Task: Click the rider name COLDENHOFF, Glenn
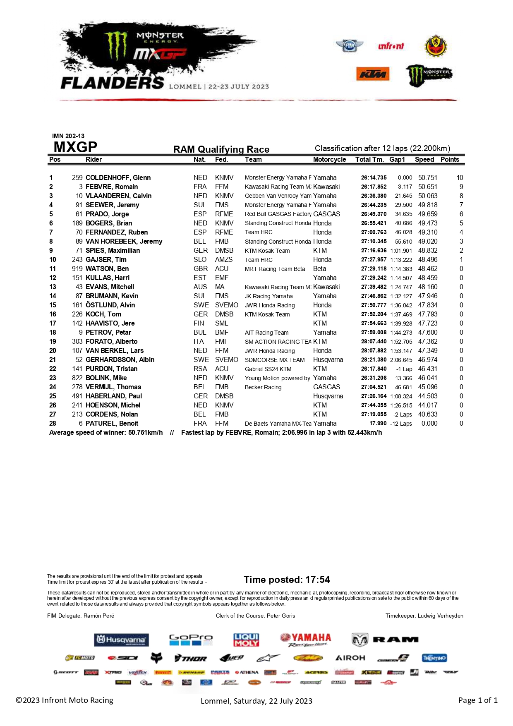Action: [x=118, y=177]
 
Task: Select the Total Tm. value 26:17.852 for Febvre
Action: [x=374, y=187]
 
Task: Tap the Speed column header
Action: [x=424, y=160]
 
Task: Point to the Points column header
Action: [x=450, y=160]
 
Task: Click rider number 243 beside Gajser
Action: [x=77, y=259]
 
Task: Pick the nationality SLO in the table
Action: [x=200, y=259]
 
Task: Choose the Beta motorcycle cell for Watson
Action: [x=319, y=268]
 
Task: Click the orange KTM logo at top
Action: [x=372, y=74]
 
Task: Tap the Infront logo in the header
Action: [x=391, y=46]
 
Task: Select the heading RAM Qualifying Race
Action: [x=221, y=149]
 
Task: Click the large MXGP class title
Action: [x=75, y=147]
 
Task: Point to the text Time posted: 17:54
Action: [x=287, y=580]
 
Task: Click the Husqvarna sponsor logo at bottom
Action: [x=121, y=640]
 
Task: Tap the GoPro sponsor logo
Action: [x=191, y=640]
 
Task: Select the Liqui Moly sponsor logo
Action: [x=246, y=640]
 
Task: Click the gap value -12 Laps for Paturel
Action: [x=401, y=424]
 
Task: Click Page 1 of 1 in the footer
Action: [x=477, y=700]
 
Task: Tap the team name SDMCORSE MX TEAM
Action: [x=275, y=360]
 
